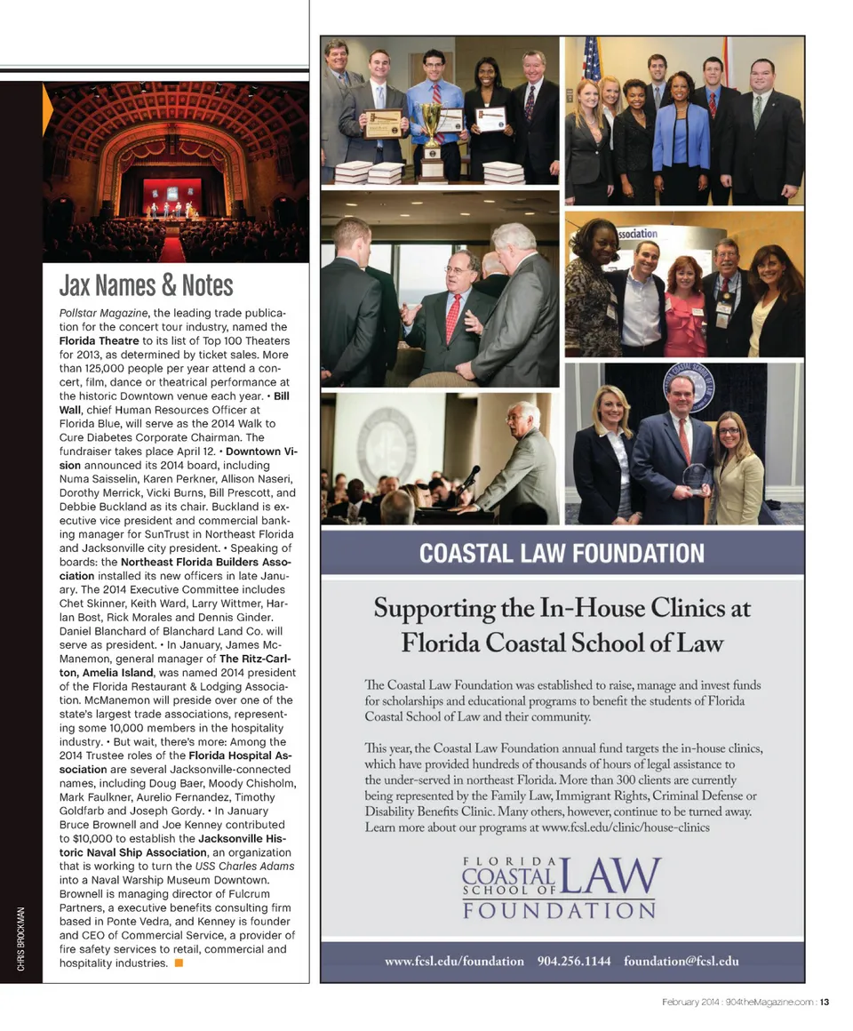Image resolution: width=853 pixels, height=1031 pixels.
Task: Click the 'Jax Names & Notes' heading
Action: (x=146, y=285)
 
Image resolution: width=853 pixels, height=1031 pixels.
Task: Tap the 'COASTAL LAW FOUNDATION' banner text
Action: (x=561, y=554)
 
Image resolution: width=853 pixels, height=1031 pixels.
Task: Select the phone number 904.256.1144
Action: (x=574, y=961)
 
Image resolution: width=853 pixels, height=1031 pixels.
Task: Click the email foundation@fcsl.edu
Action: (x=681, y=961)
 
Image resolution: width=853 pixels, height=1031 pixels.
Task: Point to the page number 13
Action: (x=825, y=1003)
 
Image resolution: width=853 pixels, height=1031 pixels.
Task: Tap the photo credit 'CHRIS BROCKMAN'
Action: (x=20, y=939)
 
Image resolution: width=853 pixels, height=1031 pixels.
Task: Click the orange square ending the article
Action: (x=179, y=963)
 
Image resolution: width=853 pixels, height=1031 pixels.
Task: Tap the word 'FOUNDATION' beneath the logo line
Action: (x=559, y=911)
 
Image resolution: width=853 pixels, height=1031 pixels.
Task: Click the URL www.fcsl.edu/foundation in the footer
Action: (x=454, y=961)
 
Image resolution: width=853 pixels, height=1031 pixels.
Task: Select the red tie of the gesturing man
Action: (x=453, y=317)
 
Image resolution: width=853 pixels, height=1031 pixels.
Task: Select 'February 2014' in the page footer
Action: (x=690, y=1003)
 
